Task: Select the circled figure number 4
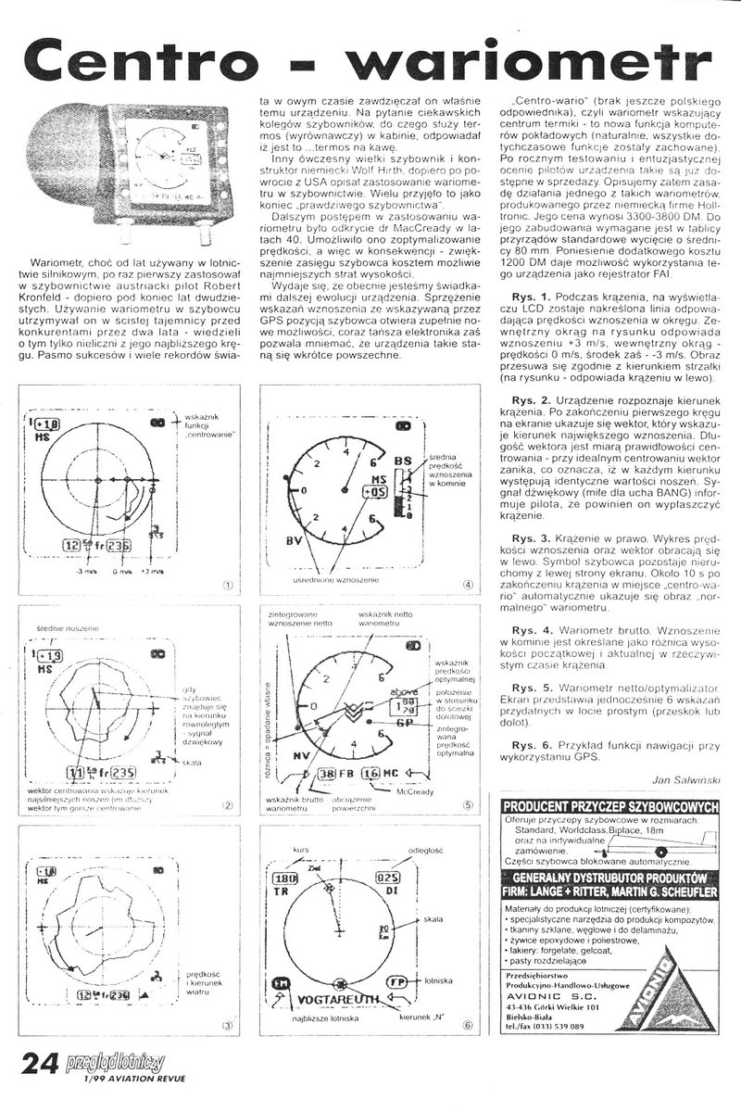(469, 585)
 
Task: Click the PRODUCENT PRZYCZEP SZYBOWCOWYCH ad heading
(609, 807)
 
